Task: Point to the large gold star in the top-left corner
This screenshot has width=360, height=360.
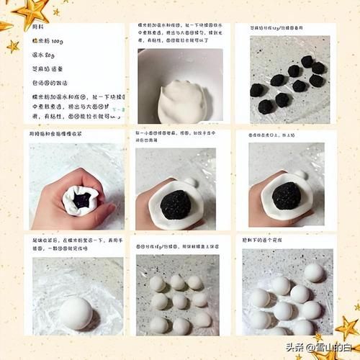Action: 32,12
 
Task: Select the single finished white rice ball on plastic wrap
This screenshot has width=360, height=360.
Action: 75,312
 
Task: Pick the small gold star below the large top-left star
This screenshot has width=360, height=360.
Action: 13,47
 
